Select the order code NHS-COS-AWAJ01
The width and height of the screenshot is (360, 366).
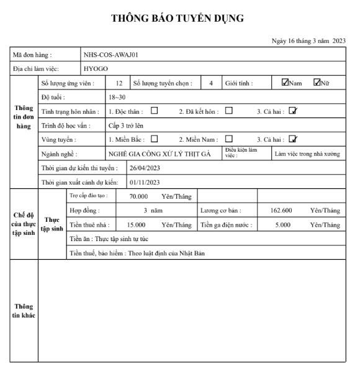pyautogui.click(x=110, y=55)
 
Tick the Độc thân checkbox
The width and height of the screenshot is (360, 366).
pyautogui.click(x=153, y=111)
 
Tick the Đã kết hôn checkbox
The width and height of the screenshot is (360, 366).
pyautogui.click(x=228, y=111)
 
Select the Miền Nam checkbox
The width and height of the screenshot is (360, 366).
pyautogui.click(x=228, y=139)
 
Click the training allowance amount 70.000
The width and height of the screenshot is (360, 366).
pyautogui.click(x=138, y=196)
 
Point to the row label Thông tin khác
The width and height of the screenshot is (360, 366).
pyautogui.click(x=24, y=311)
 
